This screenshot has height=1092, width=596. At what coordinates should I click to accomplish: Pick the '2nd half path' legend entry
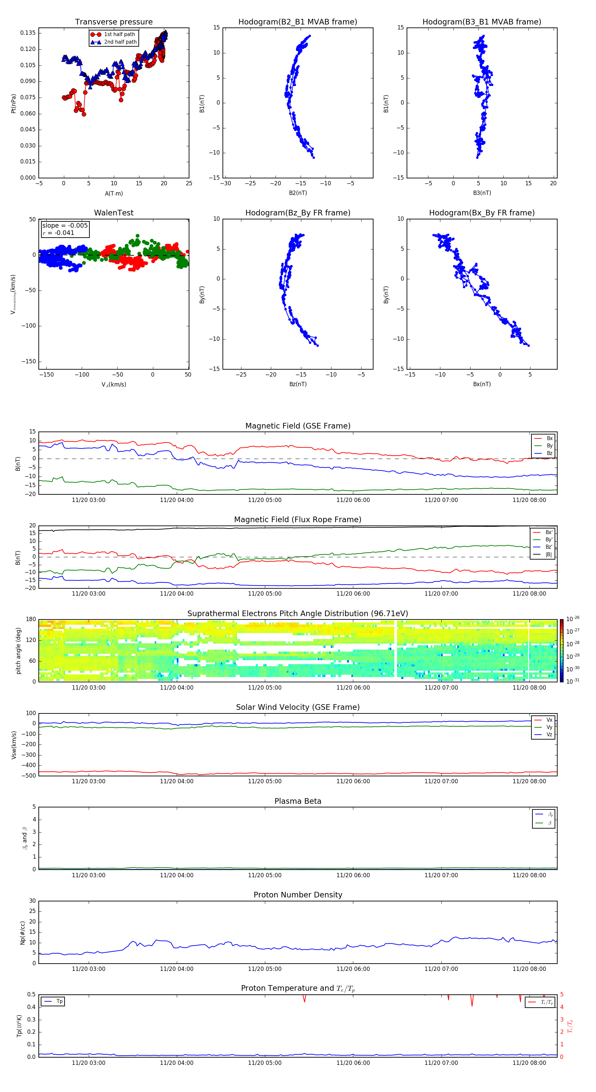(x=120, y=42)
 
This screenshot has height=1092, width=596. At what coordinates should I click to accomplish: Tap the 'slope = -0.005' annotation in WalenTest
(x=65, y=226)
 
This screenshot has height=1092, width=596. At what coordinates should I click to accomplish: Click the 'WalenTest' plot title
(x=114, y=213)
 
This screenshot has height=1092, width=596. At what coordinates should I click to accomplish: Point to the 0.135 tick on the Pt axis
(x=28, y=33)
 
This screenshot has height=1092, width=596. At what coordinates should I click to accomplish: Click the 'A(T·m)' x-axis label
(x=114, y=194)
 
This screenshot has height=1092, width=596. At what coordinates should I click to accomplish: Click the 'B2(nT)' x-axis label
(x=298, y=193)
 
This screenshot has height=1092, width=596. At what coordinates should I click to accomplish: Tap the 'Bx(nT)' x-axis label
(x=481, y=384)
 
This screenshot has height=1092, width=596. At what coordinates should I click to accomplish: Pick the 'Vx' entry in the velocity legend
(x=549, y=720)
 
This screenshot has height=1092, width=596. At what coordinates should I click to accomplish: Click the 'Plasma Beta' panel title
(x=298, y=801)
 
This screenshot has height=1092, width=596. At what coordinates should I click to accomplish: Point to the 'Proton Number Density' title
(x=298, y=895)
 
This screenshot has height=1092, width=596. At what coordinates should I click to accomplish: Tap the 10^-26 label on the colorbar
(x=573, y=619)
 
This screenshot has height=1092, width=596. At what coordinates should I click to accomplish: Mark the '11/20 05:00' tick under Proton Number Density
(x=265, y=969)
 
